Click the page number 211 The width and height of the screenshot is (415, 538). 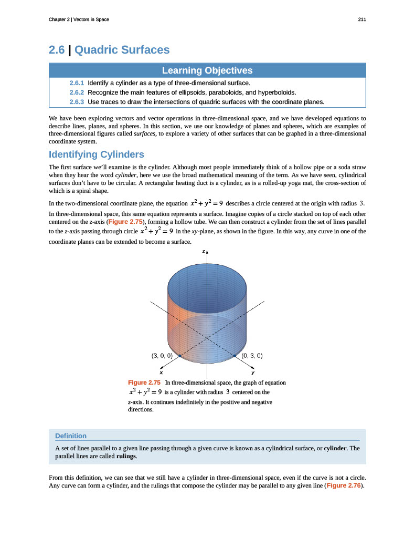[x=362, y=19]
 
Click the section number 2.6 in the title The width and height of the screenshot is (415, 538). [x=56, y=50]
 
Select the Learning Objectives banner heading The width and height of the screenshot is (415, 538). [x=207, y=70]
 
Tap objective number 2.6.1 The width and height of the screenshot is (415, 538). [x=77, y=83]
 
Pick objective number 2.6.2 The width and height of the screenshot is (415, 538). [x=77, y=92]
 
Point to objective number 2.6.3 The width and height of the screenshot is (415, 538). [x=77, y=101]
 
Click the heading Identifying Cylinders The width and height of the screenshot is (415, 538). [x=96, y=154]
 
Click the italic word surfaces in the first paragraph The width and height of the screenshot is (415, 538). [x=144, y=134]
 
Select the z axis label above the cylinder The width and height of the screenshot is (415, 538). [x=204, y=252]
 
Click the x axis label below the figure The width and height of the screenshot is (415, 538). [x=161, y=371]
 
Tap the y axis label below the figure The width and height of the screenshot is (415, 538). [x=253, y=371]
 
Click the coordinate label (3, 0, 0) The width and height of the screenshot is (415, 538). [x=162, y=356]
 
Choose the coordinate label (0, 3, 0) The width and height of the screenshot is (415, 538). [x=252, y=356]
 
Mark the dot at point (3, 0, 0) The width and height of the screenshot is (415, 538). [x=179, y=356]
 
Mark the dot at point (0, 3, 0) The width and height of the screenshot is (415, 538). [x=235, y=356]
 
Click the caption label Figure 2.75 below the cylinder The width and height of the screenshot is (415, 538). [x=144, y=382]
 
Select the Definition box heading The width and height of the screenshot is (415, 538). [x=71, y=436]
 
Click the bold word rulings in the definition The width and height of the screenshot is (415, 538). [x=125, y=456]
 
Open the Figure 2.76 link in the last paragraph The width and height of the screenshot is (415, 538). [x=344, y=485]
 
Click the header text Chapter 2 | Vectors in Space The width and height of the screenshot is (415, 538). [x=79, y=19]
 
